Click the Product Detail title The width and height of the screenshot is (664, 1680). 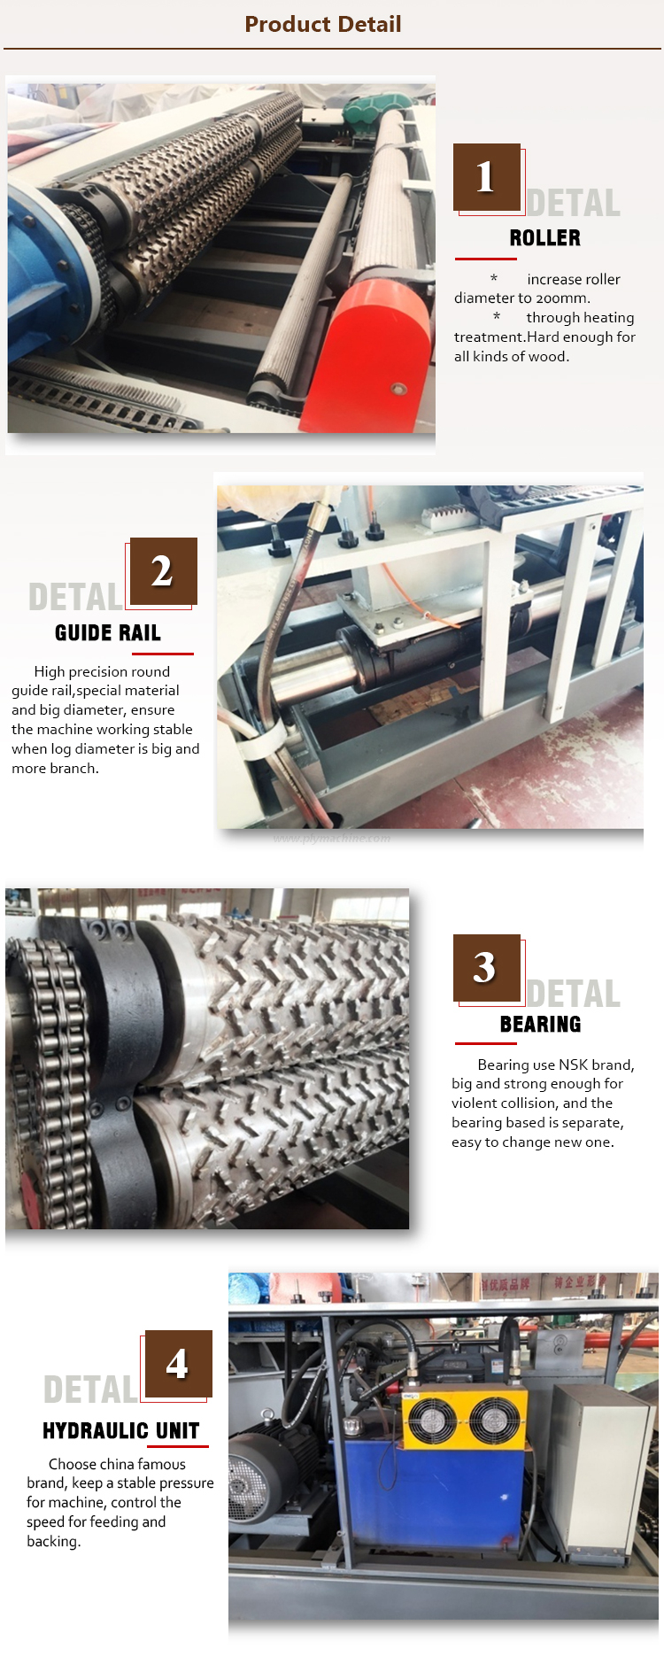323,24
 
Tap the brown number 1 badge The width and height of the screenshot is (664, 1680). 487,176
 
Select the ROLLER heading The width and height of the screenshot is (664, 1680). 545,238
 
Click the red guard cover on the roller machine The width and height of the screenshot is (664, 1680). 369,353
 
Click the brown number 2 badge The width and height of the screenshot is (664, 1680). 163,571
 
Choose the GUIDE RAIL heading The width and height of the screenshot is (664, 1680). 108,633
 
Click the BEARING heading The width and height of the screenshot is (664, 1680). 541,1025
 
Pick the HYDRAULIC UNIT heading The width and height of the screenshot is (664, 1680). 121,1431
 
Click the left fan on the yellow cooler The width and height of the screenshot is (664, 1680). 432,1419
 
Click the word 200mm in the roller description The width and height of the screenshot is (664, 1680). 563,298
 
